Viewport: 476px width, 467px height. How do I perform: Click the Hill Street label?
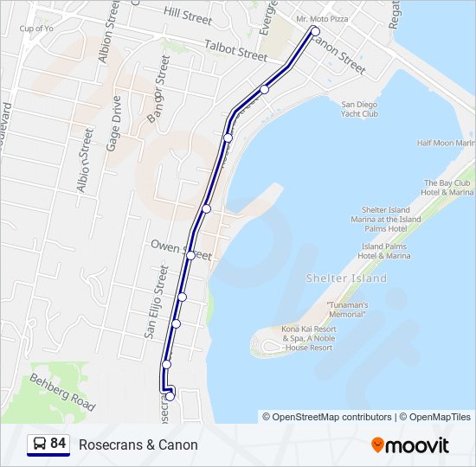pyautogui.click(x=187, y=15)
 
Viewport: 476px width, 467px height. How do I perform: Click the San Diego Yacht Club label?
pyautogui.click(x=360, y=109)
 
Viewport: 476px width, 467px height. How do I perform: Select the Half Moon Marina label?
pyautogui.click(x=446, y=144)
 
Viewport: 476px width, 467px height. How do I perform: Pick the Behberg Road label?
pyautogui.click(x=61, y=392)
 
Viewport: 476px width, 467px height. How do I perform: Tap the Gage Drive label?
pyautogui.click(x=113, y=125)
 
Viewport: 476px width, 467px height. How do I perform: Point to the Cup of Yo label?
pyautogui.click(x=37, y=29)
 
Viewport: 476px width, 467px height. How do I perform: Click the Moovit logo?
pyautogui.click(x=410, y=445)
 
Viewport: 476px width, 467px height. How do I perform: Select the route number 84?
pyautogui.click(x=58, y=444)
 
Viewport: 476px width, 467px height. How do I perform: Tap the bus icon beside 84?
pyautogui.click(x=39, y=445)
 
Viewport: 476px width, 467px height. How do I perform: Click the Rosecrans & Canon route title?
pyautogui.click(x=138, y=445)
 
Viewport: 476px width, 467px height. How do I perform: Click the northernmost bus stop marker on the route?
pyautogui.click(x=315, y=32)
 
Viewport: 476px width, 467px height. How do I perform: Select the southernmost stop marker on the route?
pyautogui.click(x=170, y=396)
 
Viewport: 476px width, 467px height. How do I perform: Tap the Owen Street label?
pyautogui.click(x=181, y=250)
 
